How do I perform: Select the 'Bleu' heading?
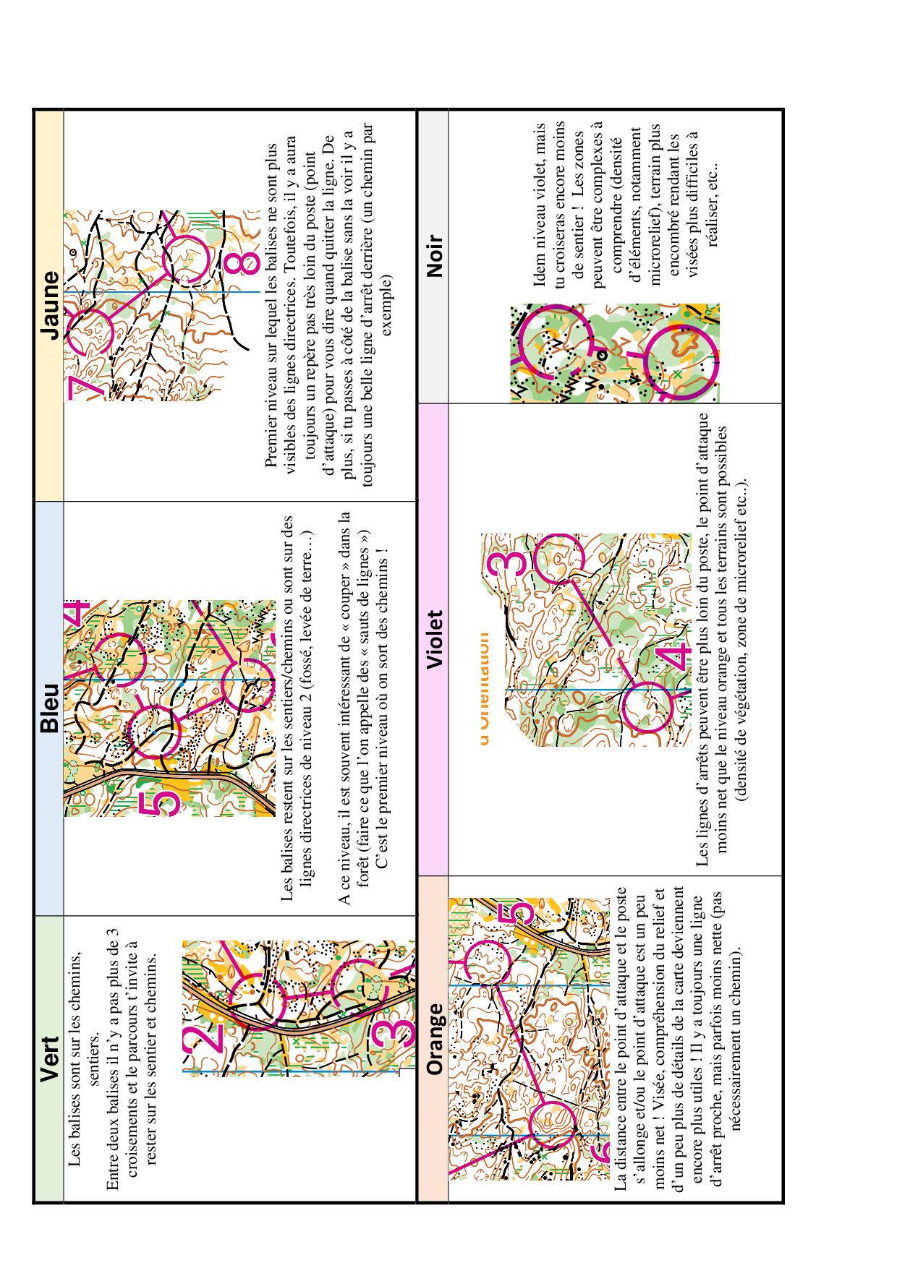point(49,707)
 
